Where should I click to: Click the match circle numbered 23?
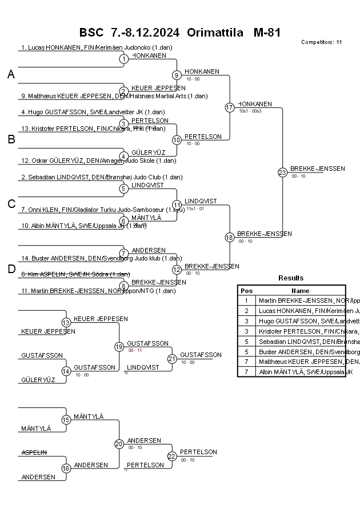tap(282, 172)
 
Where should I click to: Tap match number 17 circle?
tap(230, 107)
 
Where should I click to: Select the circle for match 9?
tap(177, 75)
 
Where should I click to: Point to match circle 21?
tap(172, 359)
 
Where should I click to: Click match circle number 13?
tap(66, 323)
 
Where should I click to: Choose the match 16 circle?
tap(66, 468)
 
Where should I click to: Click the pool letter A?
tap(11, 74)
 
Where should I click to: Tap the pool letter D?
tap(11, 269)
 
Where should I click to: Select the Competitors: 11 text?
tap(321, 42)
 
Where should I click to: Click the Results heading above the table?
tap(291, 278)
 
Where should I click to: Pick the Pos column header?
tap(246, 290)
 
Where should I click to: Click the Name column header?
tap(300, 290)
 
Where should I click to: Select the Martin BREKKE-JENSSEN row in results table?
tap(301, 300)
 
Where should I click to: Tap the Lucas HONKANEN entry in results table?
tap(301, 310)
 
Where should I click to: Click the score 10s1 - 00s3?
tap(250, 111)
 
